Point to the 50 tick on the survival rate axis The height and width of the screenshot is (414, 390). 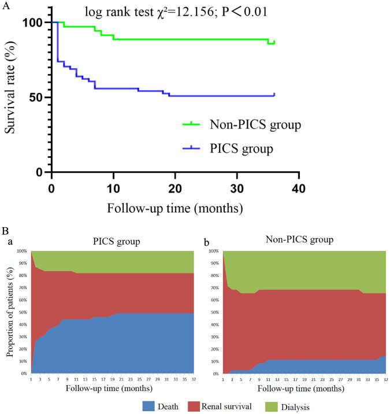click(36, 97)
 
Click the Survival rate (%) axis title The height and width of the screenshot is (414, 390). click(12, 97)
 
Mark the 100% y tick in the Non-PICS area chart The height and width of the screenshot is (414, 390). click(213, 251)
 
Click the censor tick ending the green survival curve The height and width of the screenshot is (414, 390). click(274, 42)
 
